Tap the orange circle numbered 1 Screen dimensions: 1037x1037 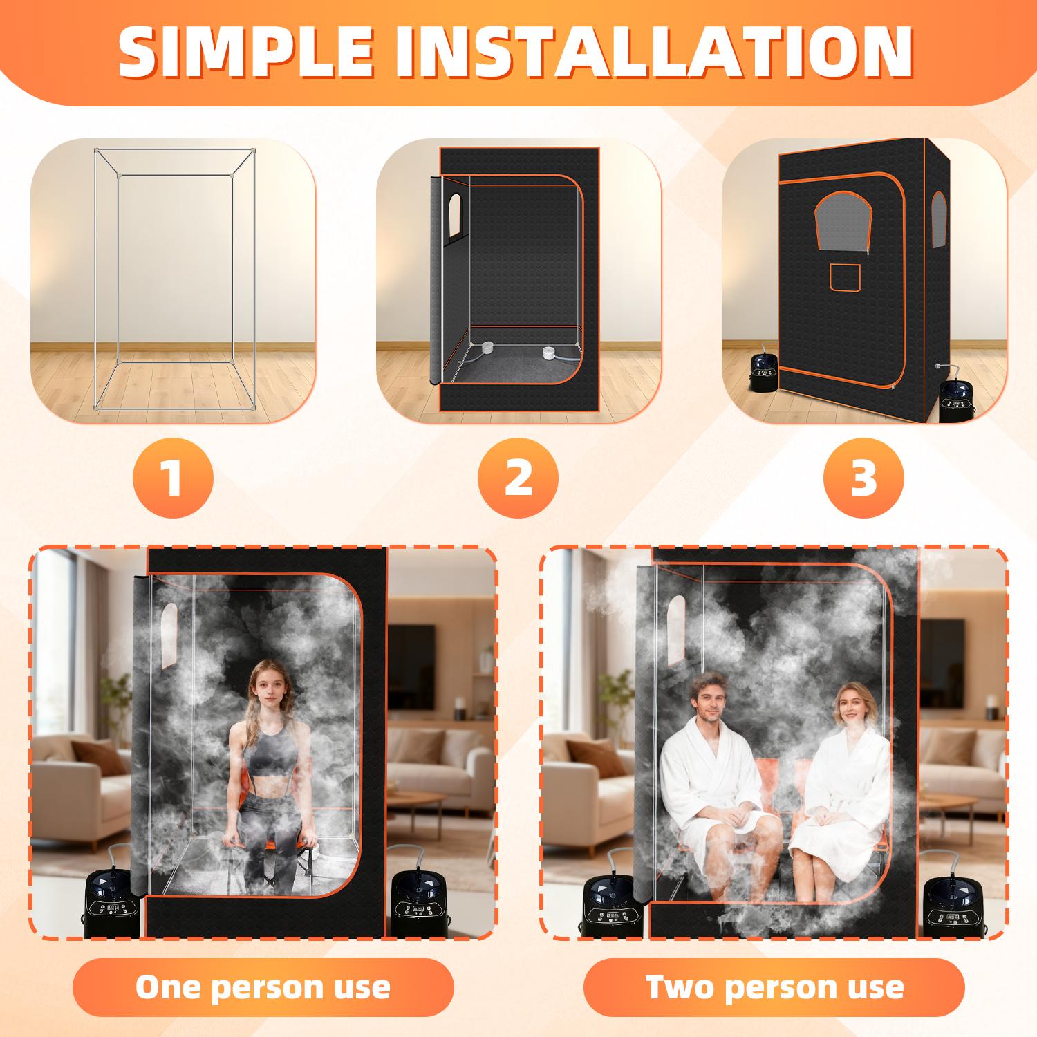point(173,477)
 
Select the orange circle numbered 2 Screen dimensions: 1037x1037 point(518,477)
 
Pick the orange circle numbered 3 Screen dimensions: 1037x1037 point(863,477)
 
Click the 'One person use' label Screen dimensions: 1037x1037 point(263,987)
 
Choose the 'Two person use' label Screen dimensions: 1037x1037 point(774,987)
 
